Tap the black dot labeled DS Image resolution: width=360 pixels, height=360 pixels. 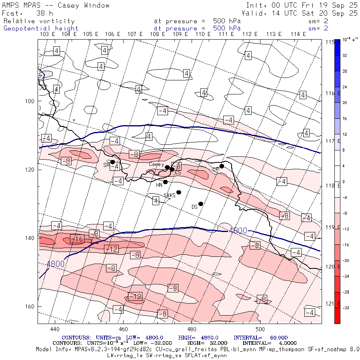[201, 204]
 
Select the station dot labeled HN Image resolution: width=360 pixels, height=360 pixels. [165, 182]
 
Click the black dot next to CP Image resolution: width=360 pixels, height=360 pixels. [222, 166]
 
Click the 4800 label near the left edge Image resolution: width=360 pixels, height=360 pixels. [55, 264]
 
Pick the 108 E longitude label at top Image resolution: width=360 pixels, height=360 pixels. [157, 34]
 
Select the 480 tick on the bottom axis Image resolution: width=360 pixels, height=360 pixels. [192, 329]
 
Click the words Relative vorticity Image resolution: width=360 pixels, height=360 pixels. [39, 21]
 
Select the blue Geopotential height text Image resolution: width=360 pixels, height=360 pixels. [41, 28]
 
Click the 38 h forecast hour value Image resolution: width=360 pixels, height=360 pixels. [45, 13]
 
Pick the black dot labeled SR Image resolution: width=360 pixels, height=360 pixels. [113, 162]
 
